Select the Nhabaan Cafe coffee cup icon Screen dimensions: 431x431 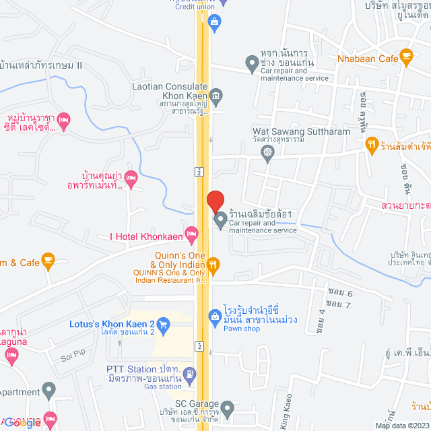406,57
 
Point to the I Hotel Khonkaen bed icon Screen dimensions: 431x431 191,234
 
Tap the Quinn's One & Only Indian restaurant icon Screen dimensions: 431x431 213,264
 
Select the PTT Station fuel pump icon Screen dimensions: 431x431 191,373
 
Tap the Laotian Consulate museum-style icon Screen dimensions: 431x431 215,95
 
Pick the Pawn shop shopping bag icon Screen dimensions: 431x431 214,315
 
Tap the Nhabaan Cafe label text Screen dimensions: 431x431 370,59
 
